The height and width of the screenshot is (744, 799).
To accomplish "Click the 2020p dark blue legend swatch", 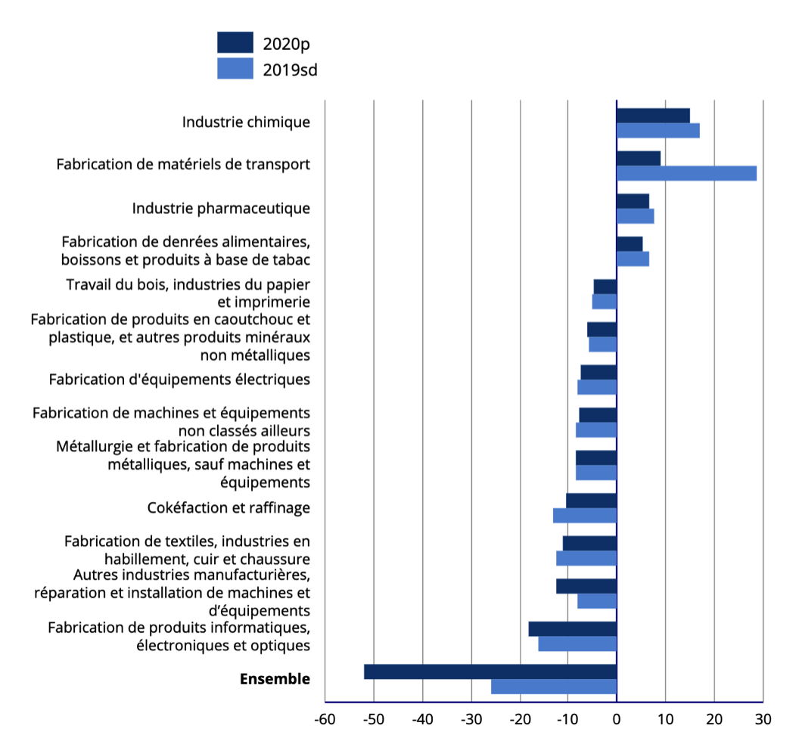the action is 235,42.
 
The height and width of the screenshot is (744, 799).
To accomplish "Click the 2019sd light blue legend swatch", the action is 235,68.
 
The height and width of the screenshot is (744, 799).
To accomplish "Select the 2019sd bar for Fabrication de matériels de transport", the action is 686,173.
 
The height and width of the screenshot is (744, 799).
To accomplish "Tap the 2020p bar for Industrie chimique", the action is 653,116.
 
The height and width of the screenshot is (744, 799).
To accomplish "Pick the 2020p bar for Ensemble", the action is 490,671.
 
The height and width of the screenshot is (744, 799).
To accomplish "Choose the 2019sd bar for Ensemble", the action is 554,687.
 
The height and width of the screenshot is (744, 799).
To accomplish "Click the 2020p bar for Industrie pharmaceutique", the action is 633,201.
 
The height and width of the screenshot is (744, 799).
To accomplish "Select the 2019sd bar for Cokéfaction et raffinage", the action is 585,516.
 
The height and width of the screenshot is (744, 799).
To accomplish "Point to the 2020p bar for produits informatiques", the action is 573,629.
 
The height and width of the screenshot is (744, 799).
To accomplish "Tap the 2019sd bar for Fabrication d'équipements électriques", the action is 597,387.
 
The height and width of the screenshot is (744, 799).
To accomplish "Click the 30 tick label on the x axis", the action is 763,720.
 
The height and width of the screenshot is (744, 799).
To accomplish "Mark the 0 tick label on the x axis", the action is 617,720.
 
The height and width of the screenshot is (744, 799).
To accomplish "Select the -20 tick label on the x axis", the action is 521,720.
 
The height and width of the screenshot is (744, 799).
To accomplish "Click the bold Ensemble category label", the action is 275,679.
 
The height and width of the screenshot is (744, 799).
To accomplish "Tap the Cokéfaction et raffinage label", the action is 229,507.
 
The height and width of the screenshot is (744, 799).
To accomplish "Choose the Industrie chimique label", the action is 246,122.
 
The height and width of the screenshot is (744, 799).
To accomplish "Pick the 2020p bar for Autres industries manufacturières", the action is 586,586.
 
